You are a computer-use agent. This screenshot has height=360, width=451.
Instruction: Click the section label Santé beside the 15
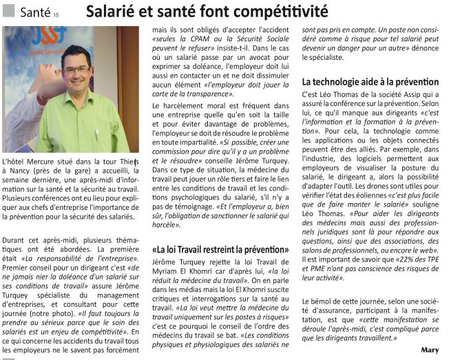[x=34, y=12]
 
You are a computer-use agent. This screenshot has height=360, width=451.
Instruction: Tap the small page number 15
[x=56, y=14]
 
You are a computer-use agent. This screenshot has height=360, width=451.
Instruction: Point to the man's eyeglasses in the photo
[x=76, y=70]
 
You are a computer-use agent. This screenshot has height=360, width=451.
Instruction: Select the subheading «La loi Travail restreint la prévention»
[x=220, y=248]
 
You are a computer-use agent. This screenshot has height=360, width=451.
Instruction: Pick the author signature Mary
[x=430, y=350]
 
